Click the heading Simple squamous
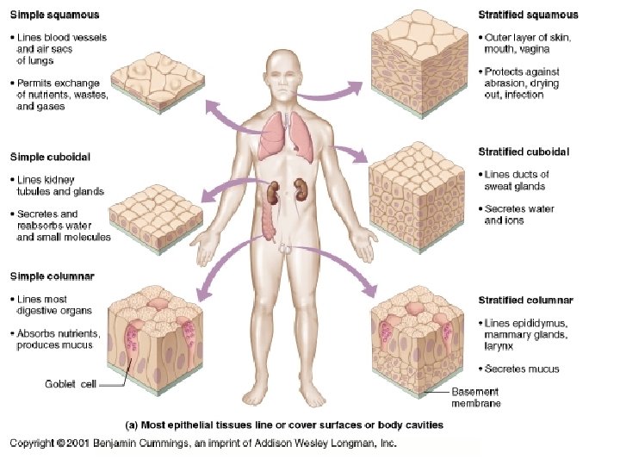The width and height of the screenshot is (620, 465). [x=53, y=15]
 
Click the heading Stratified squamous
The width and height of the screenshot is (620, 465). [x=528, y=15]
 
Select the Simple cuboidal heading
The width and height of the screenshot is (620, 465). [x=50, y=157]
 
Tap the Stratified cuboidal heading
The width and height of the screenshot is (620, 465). [x=524, y=152]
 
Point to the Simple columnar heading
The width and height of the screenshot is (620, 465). [x=52, y=276]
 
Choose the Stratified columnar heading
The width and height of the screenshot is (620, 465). [x=525, y=301]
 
